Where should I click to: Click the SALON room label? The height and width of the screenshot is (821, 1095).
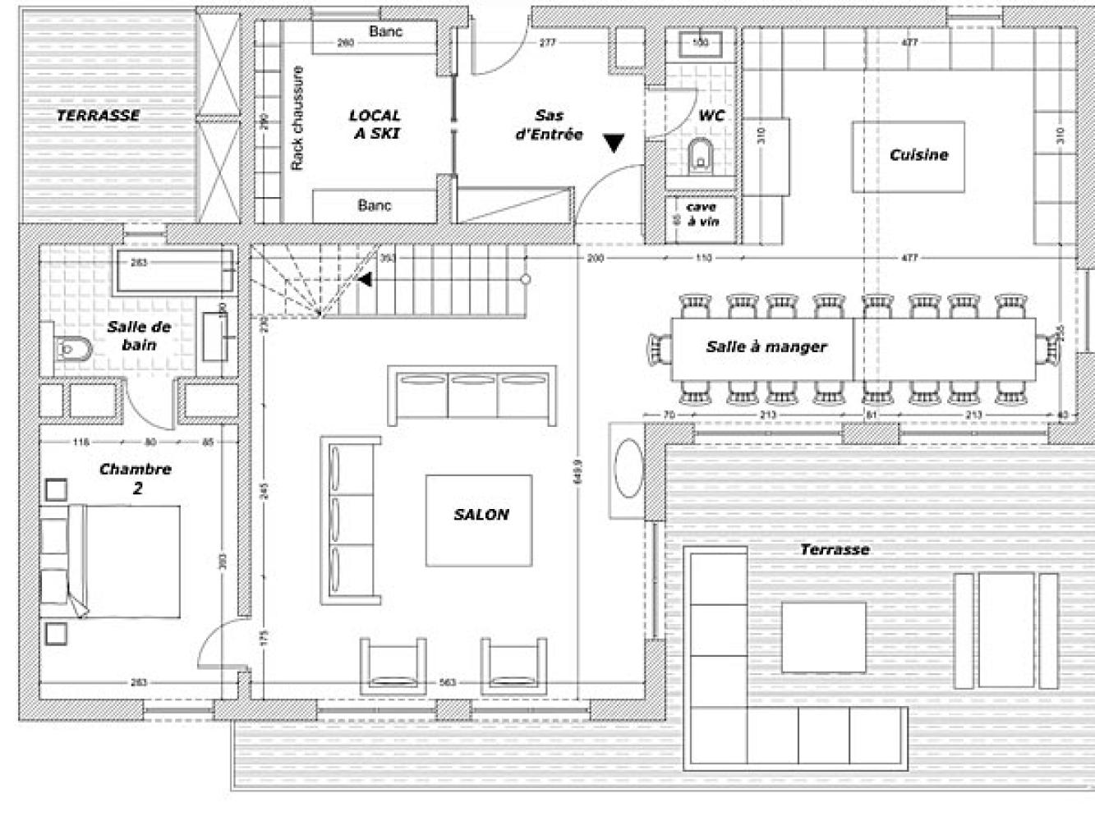pyautogui.click(x=481, y=515)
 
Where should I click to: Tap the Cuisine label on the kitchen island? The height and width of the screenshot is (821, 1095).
pyautogui.click(x=918, y=154)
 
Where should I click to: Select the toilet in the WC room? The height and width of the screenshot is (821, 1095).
pyautogui.click(x=701, y=154)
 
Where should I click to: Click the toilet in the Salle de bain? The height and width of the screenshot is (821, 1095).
pyautogui.click(x=74, y=351)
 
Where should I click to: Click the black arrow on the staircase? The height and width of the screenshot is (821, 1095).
pyautogui.click(x=365, y=280)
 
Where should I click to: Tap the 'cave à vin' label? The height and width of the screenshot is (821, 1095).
pyautogui.click(x=702, y=214)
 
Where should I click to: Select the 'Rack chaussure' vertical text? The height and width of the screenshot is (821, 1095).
pyautogui.click(x=297, y=119)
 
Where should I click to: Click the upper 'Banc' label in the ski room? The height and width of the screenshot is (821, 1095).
pyautogui.click(x=386, y=31)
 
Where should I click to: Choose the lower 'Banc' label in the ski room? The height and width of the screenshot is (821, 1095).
pyautogui.click(x=375, y=205)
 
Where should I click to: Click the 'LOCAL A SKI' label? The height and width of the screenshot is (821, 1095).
pyautogui.click(x=375, y=124)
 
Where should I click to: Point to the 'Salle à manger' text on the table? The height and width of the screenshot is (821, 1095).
pyautogui.click(x=766, y=346)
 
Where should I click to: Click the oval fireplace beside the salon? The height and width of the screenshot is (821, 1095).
pyautogui.click(x=628, y=469)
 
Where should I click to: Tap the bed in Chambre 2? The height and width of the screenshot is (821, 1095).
pyautogui.click(x=123, y=562)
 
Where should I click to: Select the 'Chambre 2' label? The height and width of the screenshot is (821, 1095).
pyautogui.click(x=136, y=479)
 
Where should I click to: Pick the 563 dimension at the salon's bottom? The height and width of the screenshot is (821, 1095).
pyautogui.click(x=447, y=682)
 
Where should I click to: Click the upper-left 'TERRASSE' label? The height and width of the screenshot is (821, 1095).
pyautogui.click(x=98, y=115)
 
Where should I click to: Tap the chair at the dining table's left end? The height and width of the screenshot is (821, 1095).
pyautogui.click(x=659, y=348)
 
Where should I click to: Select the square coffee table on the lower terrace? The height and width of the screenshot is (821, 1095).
pyautogui.click(x=824, y=637)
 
